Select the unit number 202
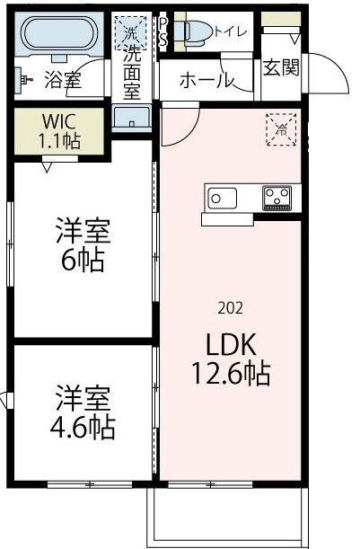tap(230, 307)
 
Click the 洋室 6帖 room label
tap(82, 244)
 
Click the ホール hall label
tap(206, 81)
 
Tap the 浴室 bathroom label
tap(63, 81)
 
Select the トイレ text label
tap(231, 31)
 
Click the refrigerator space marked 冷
tap(279, 128)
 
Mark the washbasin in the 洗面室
tap(133, 119)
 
